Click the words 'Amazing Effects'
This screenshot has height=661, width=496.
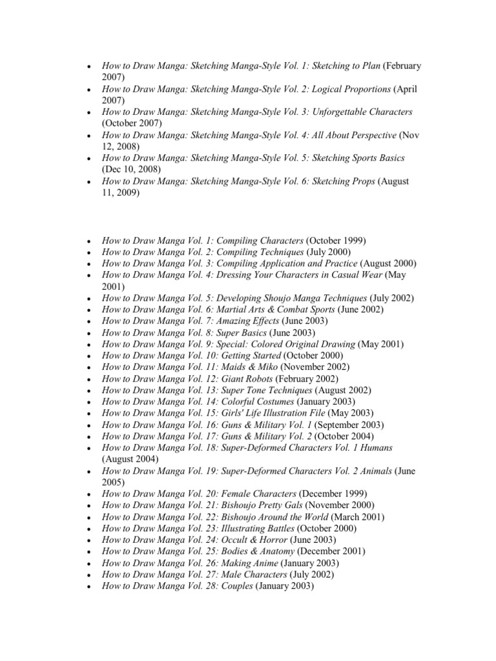pos(248,321)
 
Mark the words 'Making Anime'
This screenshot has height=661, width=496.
pos(245,563)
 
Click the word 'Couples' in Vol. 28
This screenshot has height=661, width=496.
pos(237,586)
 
